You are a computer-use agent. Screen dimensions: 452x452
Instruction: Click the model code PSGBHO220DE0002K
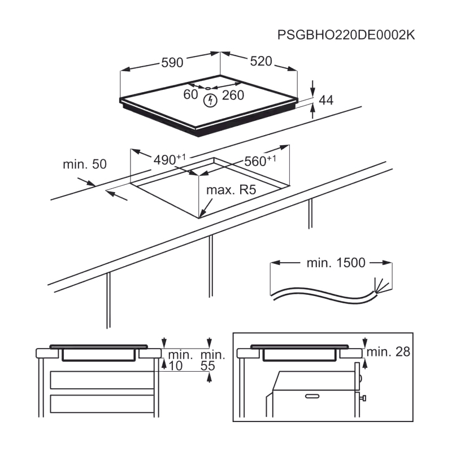pos(346,35)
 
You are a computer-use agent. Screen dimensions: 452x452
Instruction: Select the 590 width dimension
pos(172,63)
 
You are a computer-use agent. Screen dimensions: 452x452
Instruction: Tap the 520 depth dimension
pos(261,61)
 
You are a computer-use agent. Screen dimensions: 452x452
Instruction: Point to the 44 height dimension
pos(326,100)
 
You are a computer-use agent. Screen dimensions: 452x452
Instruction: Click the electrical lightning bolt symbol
pos(210,101)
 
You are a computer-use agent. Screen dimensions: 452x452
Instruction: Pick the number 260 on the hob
pos(233,95)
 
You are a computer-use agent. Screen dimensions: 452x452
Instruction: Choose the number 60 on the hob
pos(190,94)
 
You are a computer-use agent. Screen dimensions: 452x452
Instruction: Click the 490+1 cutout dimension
pos(169,159)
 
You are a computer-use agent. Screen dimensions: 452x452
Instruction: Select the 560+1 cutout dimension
pos(260,161)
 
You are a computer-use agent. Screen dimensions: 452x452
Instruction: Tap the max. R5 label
pos(231,190)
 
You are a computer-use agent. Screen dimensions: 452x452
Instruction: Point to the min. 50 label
pos(85,164)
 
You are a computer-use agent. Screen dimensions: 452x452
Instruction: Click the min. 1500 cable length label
pos(336,263)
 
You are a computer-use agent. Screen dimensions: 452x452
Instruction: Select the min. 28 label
pos(388,351)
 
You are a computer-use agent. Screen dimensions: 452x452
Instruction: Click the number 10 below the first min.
pos(176,366)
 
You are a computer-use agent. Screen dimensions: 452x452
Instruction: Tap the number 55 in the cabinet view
pos(208,366)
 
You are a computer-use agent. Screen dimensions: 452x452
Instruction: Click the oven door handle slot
pos(312,396)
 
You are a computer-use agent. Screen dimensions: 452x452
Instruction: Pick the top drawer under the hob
pos(102,380)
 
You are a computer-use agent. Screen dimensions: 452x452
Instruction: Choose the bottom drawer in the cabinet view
pos(102,403)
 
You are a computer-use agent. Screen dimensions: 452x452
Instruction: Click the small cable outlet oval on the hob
pos(208,88)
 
